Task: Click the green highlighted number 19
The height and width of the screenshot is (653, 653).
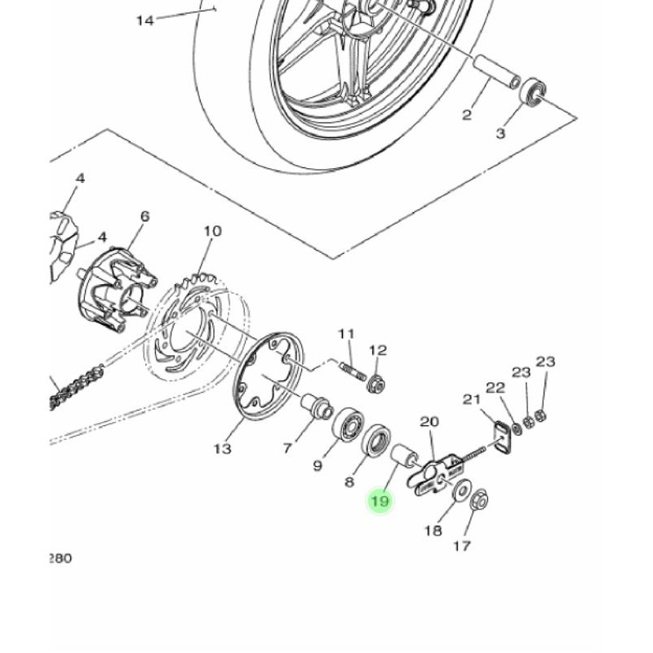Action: click(x=380, y=500)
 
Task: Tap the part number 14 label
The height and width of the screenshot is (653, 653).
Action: click(x=145, y=20)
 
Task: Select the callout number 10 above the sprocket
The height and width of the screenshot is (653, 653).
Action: click(x=212, y=231)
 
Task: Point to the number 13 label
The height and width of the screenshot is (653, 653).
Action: click(x=222, y=449)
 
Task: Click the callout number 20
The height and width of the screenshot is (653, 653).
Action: click(x=429, y=422)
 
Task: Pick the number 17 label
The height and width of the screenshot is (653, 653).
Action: click(x=462, y=546)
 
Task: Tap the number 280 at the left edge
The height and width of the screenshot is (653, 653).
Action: click(x=60, y=558)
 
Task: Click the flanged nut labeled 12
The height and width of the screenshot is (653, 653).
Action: click(x=375, y=383)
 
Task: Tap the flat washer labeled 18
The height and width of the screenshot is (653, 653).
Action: click(x=462, y=491)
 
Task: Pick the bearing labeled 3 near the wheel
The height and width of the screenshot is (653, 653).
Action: click(x=532, y=91)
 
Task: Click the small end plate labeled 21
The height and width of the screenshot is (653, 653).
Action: click(x=503, y=437)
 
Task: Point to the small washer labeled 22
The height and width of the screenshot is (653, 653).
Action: click(x=518, y=429)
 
